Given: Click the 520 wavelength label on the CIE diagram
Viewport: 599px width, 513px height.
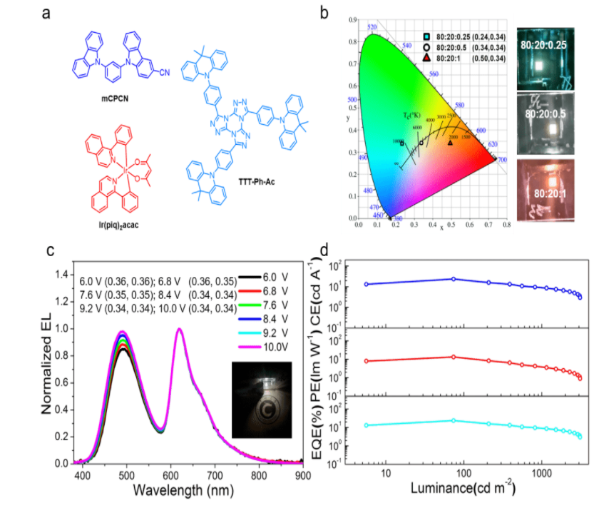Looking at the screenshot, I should (372, 27).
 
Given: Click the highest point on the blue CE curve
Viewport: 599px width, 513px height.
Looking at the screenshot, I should (454, 278).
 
